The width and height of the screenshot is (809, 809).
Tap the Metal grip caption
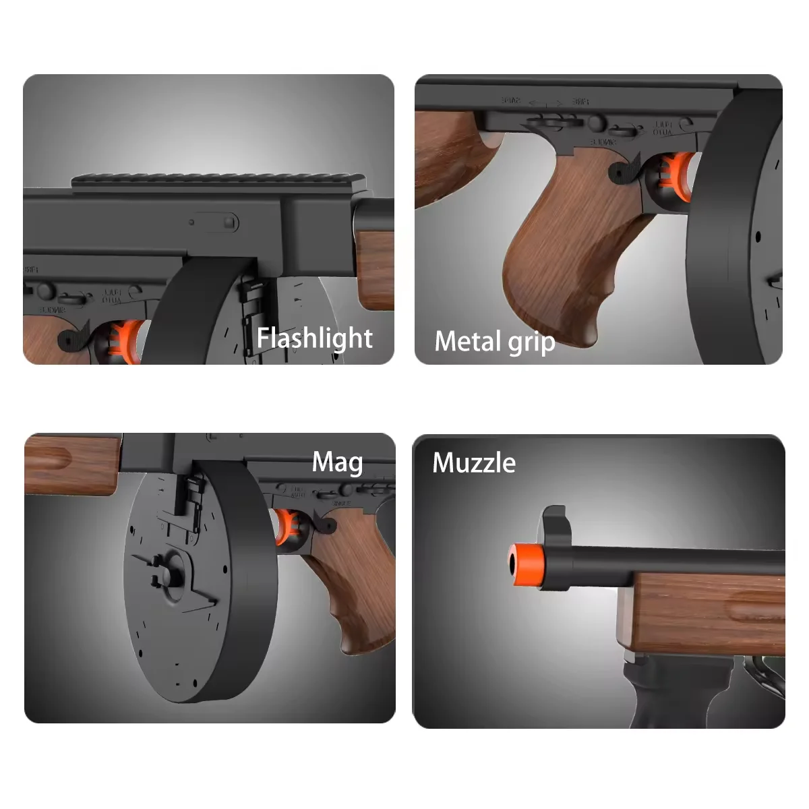pos(494,342)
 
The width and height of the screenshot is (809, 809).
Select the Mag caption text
pos(337,462)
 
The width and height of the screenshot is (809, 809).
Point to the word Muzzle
pos(474,463)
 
